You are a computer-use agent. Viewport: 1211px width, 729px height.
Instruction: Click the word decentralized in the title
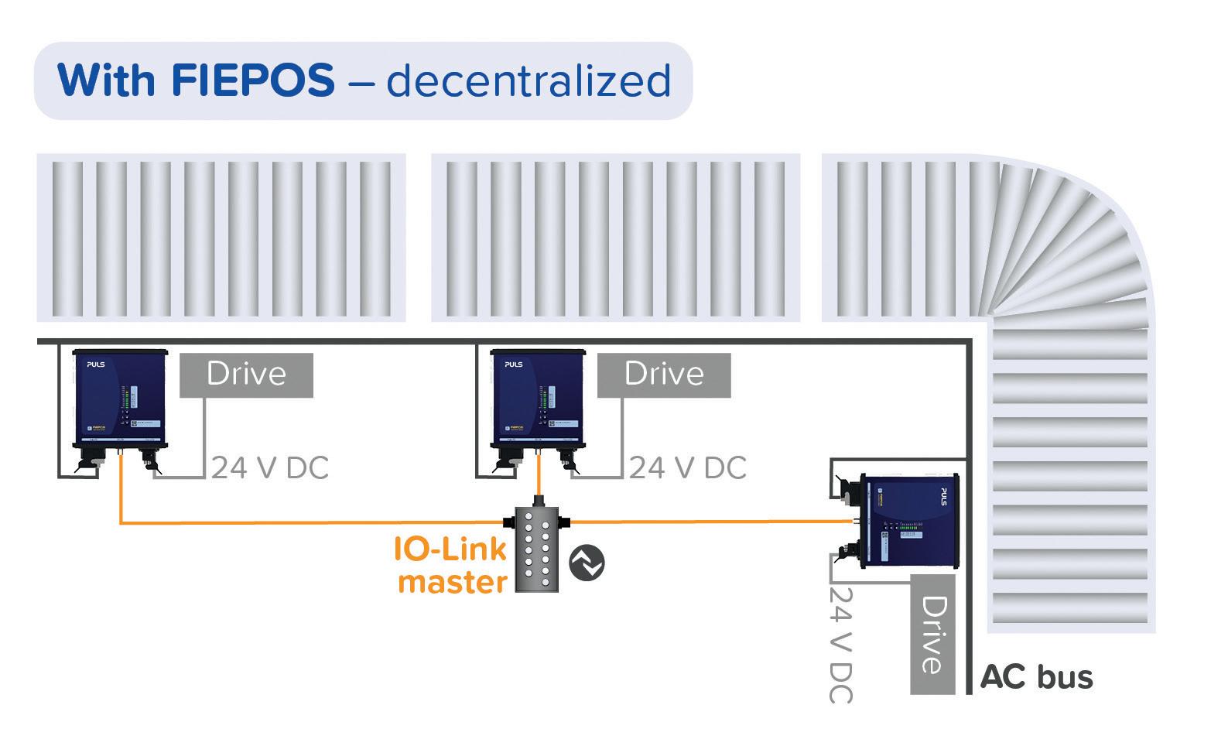529,80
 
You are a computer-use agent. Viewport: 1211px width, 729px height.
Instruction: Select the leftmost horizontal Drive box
246,375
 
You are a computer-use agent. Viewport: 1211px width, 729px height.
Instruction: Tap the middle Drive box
664,375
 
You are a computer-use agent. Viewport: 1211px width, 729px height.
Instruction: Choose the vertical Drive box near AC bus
933,634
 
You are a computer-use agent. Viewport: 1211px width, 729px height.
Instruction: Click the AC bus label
1036,677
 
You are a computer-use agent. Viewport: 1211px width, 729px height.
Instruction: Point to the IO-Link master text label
450,565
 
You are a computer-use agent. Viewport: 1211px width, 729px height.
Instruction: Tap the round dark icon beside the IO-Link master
587,563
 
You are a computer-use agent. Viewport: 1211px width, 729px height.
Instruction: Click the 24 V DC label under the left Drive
269,468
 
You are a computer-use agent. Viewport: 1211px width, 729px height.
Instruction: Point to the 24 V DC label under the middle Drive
687,468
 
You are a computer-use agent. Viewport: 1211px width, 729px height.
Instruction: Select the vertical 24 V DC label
841,645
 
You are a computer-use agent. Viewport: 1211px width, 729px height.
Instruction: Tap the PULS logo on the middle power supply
513,364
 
